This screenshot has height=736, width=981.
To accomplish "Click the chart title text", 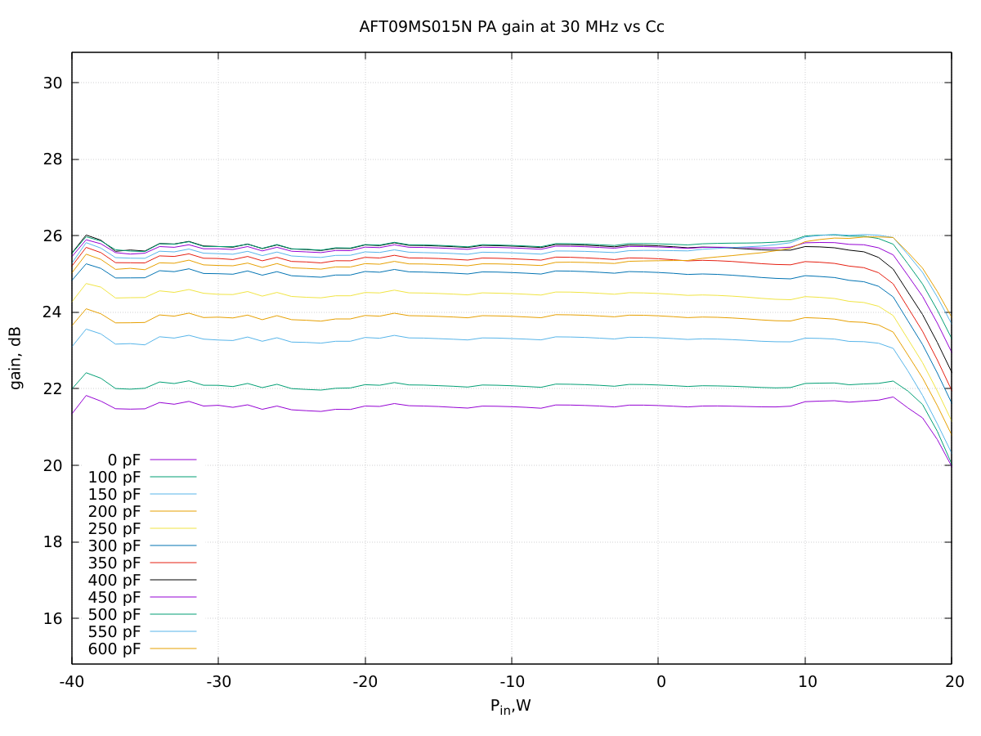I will (x=512, y=26).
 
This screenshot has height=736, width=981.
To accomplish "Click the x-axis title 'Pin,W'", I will (x=510, y=706).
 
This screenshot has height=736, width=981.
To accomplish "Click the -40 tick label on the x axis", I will (x=72, y=681).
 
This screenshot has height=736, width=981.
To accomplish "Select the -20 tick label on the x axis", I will (x=365, y=681).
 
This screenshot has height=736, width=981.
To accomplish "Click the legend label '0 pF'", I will (x=123, y=460).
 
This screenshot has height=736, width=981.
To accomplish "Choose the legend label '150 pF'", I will (x=114, y=495).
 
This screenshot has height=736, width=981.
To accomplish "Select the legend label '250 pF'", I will (x=114, y=529).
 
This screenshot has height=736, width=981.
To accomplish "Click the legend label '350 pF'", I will (x=114, y=563).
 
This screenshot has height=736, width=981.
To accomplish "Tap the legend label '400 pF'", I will (x=114, y=581).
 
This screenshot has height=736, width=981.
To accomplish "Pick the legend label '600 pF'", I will (x=114, y=649).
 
